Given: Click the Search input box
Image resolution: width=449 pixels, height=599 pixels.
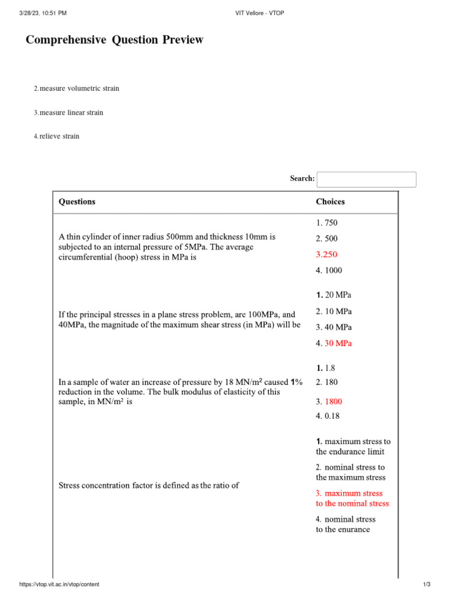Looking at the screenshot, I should [366, 180].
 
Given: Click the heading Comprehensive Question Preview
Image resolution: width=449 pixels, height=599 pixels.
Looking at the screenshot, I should [115, 40].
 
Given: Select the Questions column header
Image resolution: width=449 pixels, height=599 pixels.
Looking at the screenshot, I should [77, 202].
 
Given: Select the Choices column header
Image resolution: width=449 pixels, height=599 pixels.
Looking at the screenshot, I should [330, 202].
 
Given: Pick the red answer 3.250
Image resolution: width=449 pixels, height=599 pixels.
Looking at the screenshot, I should [326, 254].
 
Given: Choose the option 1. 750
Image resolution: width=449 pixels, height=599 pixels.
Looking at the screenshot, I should [326, 223].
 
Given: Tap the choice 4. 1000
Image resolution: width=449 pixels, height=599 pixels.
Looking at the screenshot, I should [329, 270].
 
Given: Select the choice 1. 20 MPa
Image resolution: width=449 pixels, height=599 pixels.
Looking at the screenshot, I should [334, 295].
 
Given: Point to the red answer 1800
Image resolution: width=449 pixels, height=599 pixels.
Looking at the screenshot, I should [333, 402].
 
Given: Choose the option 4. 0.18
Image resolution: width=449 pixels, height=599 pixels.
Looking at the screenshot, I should [327, 416].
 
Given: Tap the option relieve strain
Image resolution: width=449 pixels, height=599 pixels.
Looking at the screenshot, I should [59, 136].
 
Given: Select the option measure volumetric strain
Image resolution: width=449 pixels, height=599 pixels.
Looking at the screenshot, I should [79, 88].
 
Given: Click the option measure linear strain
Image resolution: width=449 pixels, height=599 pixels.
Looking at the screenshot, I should [71, 112].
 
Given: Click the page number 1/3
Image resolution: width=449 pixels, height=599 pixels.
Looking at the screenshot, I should [426, 585].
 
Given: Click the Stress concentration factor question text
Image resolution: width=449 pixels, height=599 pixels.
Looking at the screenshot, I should [148, 485].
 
